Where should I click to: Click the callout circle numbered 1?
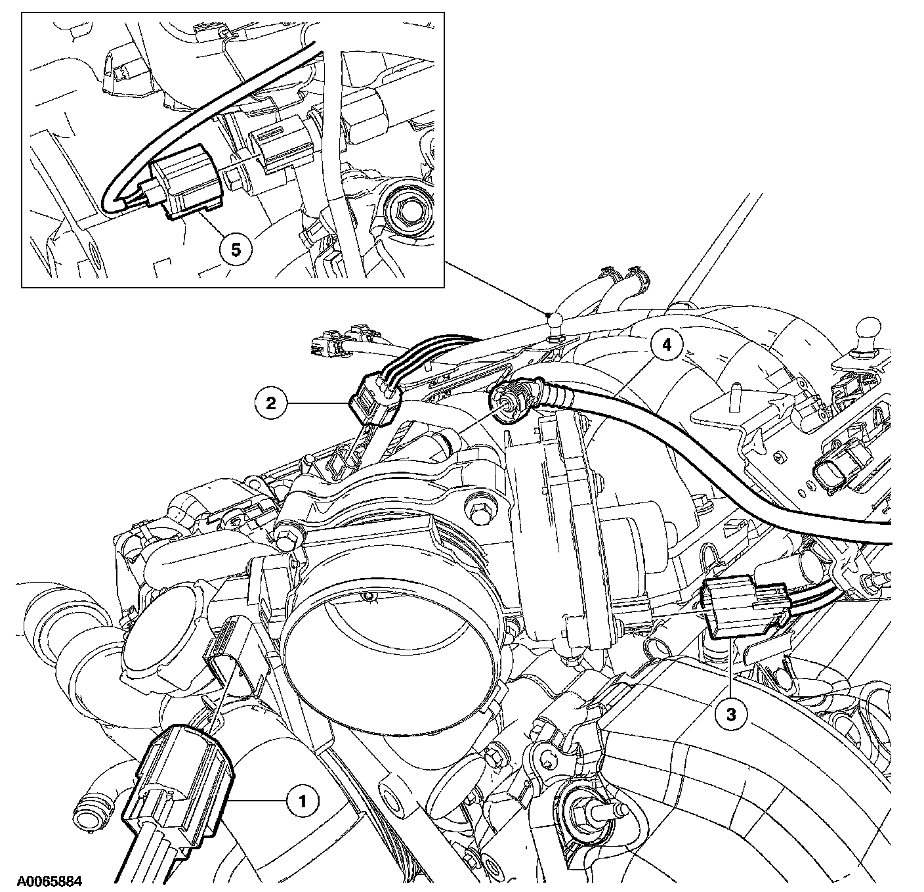(302, 800)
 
